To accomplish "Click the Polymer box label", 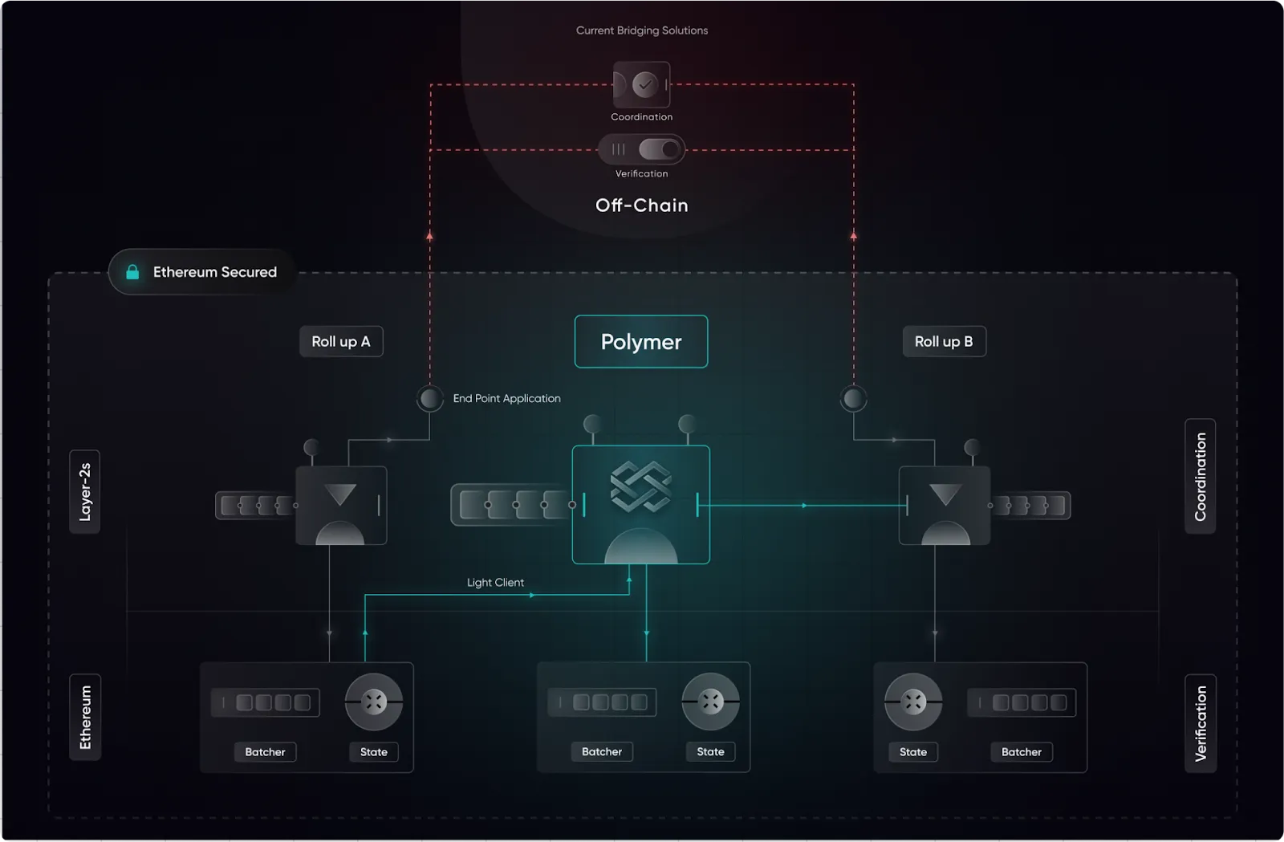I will pyautogui.click(x=641, y=342).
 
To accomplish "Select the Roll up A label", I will pyautogui.click(x=341, y=342).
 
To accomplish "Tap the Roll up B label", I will pyautogui.click(x=944, y=342).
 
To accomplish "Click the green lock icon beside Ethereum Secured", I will pyautogui.click(x=132, y=272).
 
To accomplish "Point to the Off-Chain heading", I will pyautogui.click(x=642, y=205).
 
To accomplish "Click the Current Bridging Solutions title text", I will pyautogui.click(x=642, y=31).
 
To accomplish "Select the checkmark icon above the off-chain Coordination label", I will pyautogui.click(x=644, y=84).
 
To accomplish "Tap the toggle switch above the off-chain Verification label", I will pyautogui.click(x=660, y=149).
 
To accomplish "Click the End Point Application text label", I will pyautogui.click(x=506, y=398).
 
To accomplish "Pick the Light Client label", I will pyautogui.click(x=495, y=583).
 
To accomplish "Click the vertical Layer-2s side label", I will pyautogui.click(x=85, y=491).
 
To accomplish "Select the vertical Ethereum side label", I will pyautogui.click(x=85, y=717).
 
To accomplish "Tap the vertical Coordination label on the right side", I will pyautogui.click(x=1201, y=476).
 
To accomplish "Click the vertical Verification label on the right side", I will pyautogui.click(x=1201, y=723).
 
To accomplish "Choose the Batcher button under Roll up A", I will pyautogui.click(x=265, y=752).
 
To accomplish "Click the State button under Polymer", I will pyautogui.click(x=710, y=752).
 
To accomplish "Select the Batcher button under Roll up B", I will pyautogui.click(x=1021, y=752).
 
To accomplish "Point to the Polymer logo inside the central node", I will pyautogui.click(x=640, y=486).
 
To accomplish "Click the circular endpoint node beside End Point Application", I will pyautogui.click(x=430, y=398).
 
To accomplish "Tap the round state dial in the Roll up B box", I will pyautogui.click(x=913, y=702).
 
